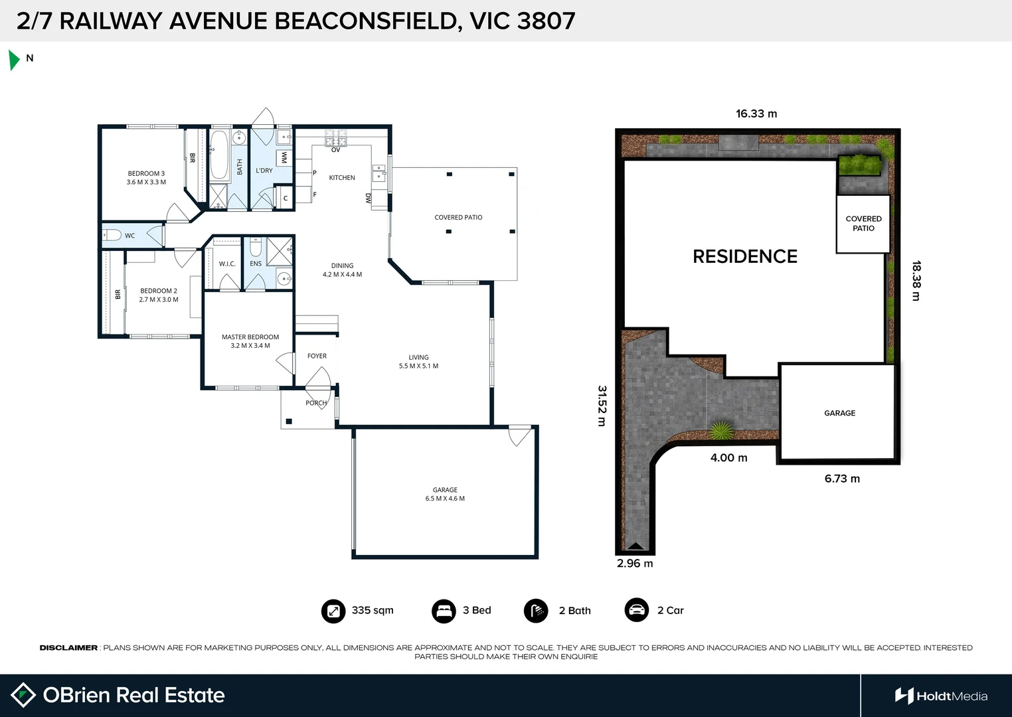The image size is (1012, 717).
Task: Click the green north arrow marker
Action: [x=13, y=60]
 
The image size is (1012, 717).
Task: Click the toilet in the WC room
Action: [x=112, y=235]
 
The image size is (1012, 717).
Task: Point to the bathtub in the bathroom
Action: [x=219, y=155]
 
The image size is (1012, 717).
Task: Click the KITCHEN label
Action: [x=342, y=178]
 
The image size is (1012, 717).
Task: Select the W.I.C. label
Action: [x=227, y=264]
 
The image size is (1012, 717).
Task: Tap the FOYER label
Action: [x=317, y=357]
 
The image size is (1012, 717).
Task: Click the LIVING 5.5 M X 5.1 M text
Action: [x=418, y=362]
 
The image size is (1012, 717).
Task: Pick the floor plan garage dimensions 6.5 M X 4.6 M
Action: [x=445, y=499]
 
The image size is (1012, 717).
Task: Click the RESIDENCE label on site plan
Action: [x=744, y=257]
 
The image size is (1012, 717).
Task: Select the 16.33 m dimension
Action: [x=756, y=114]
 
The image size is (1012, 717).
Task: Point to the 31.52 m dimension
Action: [x=602, y=406]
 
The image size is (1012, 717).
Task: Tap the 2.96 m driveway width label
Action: [x=635, y=564]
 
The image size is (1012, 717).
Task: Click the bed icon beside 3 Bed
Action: [x=444, y=611]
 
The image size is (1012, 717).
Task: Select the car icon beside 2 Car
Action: [x=637, y=610]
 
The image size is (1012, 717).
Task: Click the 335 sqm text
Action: [x=373, y=611]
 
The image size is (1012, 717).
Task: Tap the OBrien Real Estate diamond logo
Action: [x=23, y=695]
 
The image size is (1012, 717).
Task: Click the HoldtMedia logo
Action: [x=941, y=696]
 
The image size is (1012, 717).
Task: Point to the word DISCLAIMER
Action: [x=68, y=648]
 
